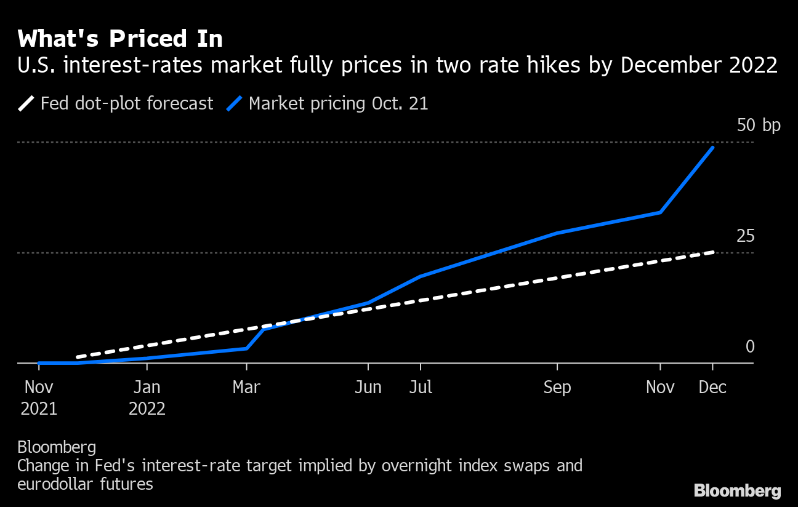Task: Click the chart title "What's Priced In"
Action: pos(120,39)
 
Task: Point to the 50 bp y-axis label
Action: pos(758,126)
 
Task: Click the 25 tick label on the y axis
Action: pos(745,236)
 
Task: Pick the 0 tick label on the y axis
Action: pos(749,347)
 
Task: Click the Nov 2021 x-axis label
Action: pos(39,397)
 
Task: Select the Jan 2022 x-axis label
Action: pos(147,397)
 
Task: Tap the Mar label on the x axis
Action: pos(246,388)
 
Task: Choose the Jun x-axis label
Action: pos(368,388)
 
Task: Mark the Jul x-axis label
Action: pos(420,388)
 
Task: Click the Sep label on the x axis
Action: pos(557,388)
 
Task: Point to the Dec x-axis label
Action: pos(713,388)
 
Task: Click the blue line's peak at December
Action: pos(713,148)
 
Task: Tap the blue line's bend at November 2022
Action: pos(660,212)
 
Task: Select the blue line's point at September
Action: pos(557,233)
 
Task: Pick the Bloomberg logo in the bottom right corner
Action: pos(737,490)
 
